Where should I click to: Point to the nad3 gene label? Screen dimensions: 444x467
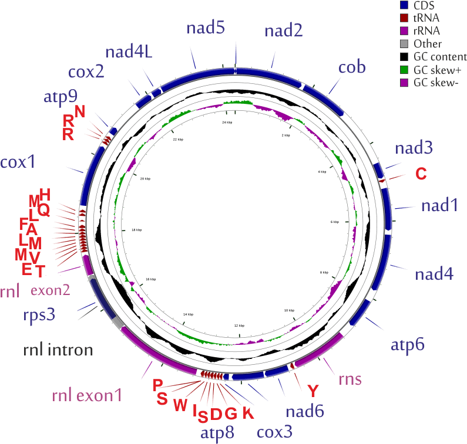click(414, 148)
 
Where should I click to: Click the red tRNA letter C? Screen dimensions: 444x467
click(421, 174)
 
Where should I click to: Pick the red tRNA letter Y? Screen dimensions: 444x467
click(314, 390)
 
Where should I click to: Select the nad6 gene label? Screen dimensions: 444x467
click(305, 412)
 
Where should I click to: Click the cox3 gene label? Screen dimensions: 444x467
click(275, 432)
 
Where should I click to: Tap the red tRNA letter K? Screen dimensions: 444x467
click(248, 413)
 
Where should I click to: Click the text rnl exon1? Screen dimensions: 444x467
click(86, 396)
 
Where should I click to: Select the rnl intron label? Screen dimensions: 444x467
click(58, 351)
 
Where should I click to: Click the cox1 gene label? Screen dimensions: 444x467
click(24, 162)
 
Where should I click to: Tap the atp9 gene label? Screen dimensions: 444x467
click(60, 97)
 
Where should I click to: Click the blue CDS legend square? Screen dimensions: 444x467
click(404, 6)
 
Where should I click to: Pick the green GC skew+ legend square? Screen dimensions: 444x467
click(404, 69)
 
